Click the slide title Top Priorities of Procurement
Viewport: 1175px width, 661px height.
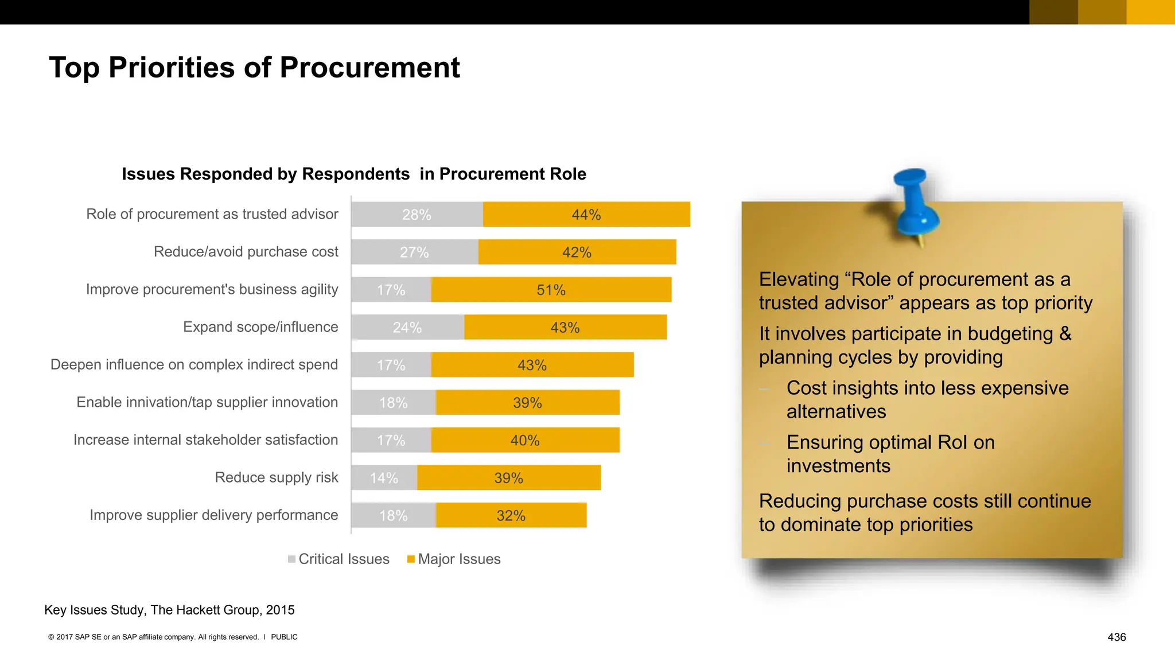(x=254, y=68)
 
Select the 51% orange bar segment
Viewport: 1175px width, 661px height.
(x=551, y=290)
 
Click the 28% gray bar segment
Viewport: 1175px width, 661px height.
(x=417, y=215)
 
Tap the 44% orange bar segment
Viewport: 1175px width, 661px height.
(x=586, y=215)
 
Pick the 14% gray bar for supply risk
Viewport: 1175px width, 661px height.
(x=384, y=478)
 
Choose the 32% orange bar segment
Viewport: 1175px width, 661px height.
(x=511, y=515)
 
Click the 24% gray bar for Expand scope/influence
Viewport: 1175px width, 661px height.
(x=407, y=328)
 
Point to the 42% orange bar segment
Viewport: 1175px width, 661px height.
(x=577, y=252)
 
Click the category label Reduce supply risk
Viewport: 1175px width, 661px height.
(x=276, y=477)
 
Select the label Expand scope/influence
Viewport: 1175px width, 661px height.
(x=260, y=327)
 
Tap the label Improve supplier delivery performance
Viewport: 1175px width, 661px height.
(x=213, y=515)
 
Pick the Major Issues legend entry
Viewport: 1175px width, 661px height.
(x=454, y=559)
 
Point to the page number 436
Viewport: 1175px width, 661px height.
(x=1116, y=637)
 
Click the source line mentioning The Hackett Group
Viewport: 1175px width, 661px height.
(x=169, y=610)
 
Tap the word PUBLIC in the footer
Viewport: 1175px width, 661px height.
(x=284, y=637)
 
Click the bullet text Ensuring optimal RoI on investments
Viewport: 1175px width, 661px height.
(x=890, y=453)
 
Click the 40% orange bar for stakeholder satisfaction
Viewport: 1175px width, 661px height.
(x=525, y=440)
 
